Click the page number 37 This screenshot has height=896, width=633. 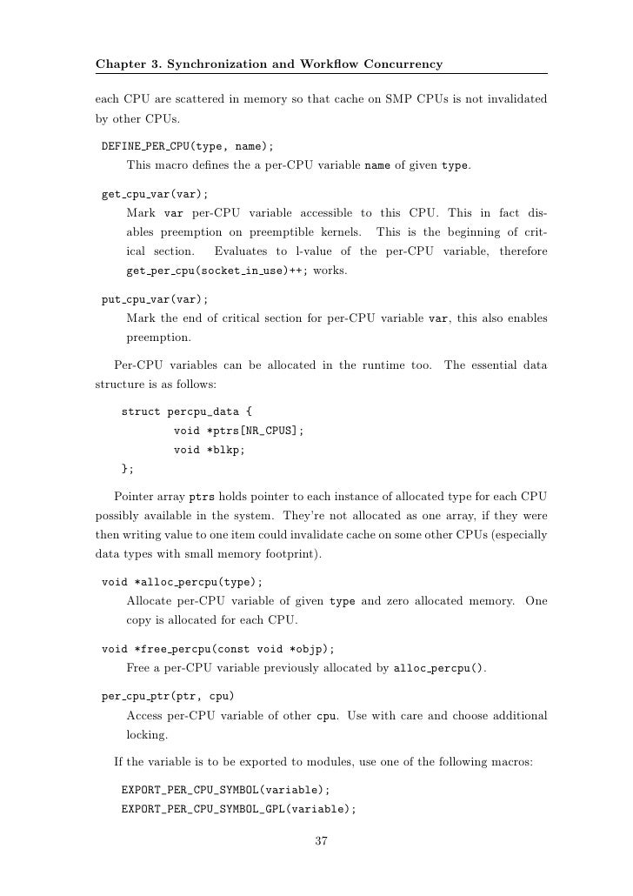click(320, 840)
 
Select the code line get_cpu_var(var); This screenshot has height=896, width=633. click(155, 194)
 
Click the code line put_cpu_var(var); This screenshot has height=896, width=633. click(155, 298)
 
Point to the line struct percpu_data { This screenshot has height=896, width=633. click(187, 411)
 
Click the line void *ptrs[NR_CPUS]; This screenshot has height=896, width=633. click(239, 431)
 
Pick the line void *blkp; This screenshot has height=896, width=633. click(210, 450)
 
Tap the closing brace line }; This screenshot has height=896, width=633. click(128, 469)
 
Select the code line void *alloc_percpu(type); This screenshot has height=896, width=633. click(182, 582)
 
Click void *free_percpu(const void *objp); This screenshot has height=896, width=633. click(217, 649)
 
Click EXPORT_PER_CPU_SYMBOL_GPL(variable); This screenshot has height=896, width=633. click(239, 809)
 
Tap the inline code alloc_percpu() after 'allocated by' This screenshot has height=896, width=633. click(440, 668)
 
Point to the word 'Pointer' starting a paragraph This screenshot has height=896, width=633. click(133, 497)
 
